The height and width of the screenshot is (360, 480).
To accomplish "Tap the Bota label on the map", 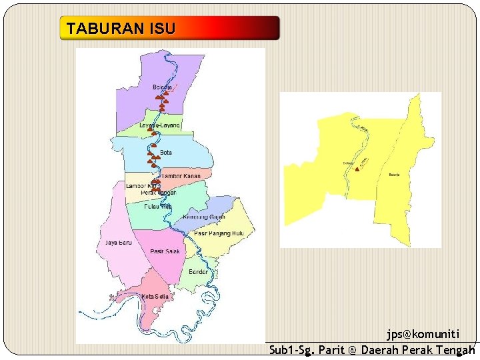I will [x=166, y=153].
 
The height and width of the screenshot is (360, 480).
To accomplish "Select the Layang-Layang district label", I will [x=160, y=126].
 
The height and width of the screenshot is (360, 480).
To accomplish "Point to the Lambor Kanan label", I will [x=181, y=176].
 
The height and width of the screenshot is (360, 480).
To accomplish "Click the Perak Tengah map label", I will [x=159, y=193].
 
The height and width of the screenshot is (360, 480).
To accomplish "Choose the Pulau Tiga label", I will [x=158, y=207].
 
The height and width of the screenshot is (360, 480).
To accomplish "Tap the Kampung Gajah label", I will [x=203, y=217].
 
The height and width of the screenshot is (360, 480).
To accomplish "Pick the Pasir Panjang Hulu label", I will [x=219, y=233].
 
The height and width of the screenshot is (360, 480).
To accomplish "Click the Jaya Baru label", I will [x=119, y=243].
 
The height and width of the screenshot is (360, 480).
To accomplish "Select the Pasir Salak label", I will [x=165, y=251].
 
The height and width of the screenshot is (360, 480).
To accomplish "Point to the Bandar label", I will [x=199, y=272].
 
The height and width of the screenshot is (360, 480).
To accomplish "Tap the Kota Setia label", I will [x=155, y=296].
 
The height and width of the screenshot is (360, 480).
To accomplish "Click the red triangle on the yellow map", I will [x=357, y=169].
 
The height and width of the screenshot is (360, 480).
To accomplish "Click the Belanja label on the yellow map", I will [x=393, y=175].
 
